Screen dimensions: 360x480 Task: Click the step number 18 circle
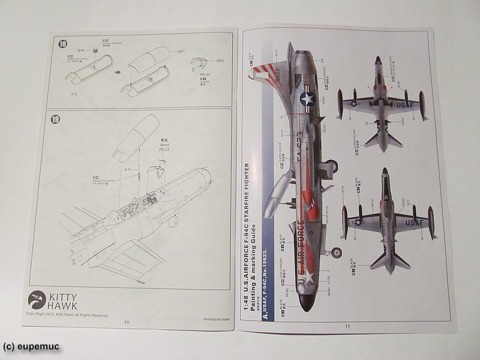coord(62,43)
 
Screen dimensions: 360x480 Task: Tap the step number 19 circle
coord(56,119)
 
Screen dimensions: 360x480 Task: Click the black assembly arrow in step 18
coord(118,72)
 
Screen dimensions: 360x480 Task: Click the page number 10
coord(127,322)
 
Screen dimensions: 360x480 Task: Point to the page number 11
coord(347,326)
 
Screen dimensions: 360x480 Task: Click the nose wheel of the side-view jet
coord(336,253)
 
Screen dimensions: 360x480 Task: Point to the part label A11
coord(129,170)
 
